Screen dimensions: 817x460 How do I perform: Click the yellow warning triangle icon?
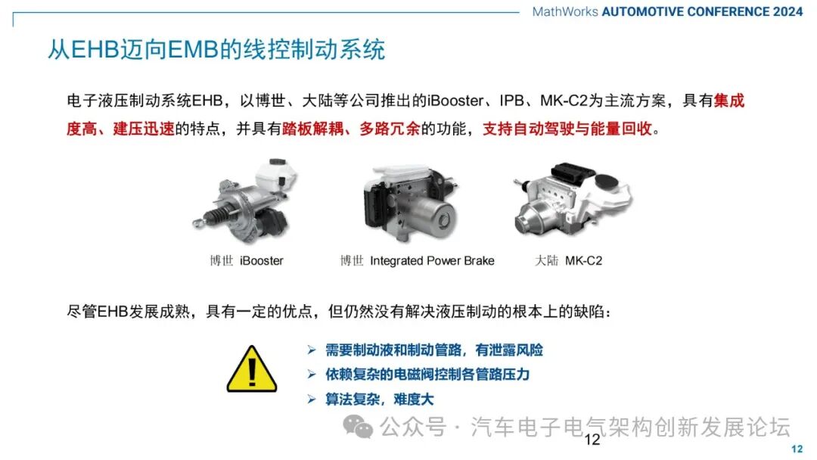pyautogui.click(x=252, y=369)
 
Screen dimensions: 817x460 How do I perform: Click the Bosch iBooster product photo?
pyautogui.click(x=244, y=201)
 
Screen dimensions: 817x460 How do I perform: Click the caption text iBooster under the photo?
pyautogui.click(x=262, y=260)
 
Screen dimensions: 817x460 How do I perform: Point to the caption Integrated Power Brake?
pyautogui.click(x=432, y=260)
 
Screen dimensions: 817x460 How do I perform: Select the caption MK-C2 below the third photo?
pyautogui.click(x=583, y=260)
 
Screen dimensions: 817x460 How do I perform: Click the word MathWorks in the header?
pyautogui.click(x=565, y=11)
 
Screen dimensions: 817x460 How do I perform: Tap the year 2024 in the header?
pyautogui.click(x=787, y=11)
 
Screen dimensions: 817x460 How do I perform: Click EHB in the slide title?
pyautogui.click(x=95, y=49)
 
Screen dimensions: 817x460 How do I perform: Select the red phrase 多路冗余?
pyautogui.click(x=390, y=129)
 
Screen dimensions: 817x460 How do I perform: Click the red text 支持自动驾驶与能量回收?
pyautogui.click(x=567, y=129)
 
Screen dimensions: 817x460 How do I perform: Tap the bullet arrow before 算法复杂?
pyautogui.click(x=312, y=399)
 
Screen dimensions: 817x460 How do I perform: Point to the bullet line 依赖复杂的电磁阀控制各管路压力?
pyautogui.click(x=427, y=375)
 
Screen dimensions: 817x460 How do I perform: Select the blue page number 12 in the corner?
pyautogui.click(x=797, y=449)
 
